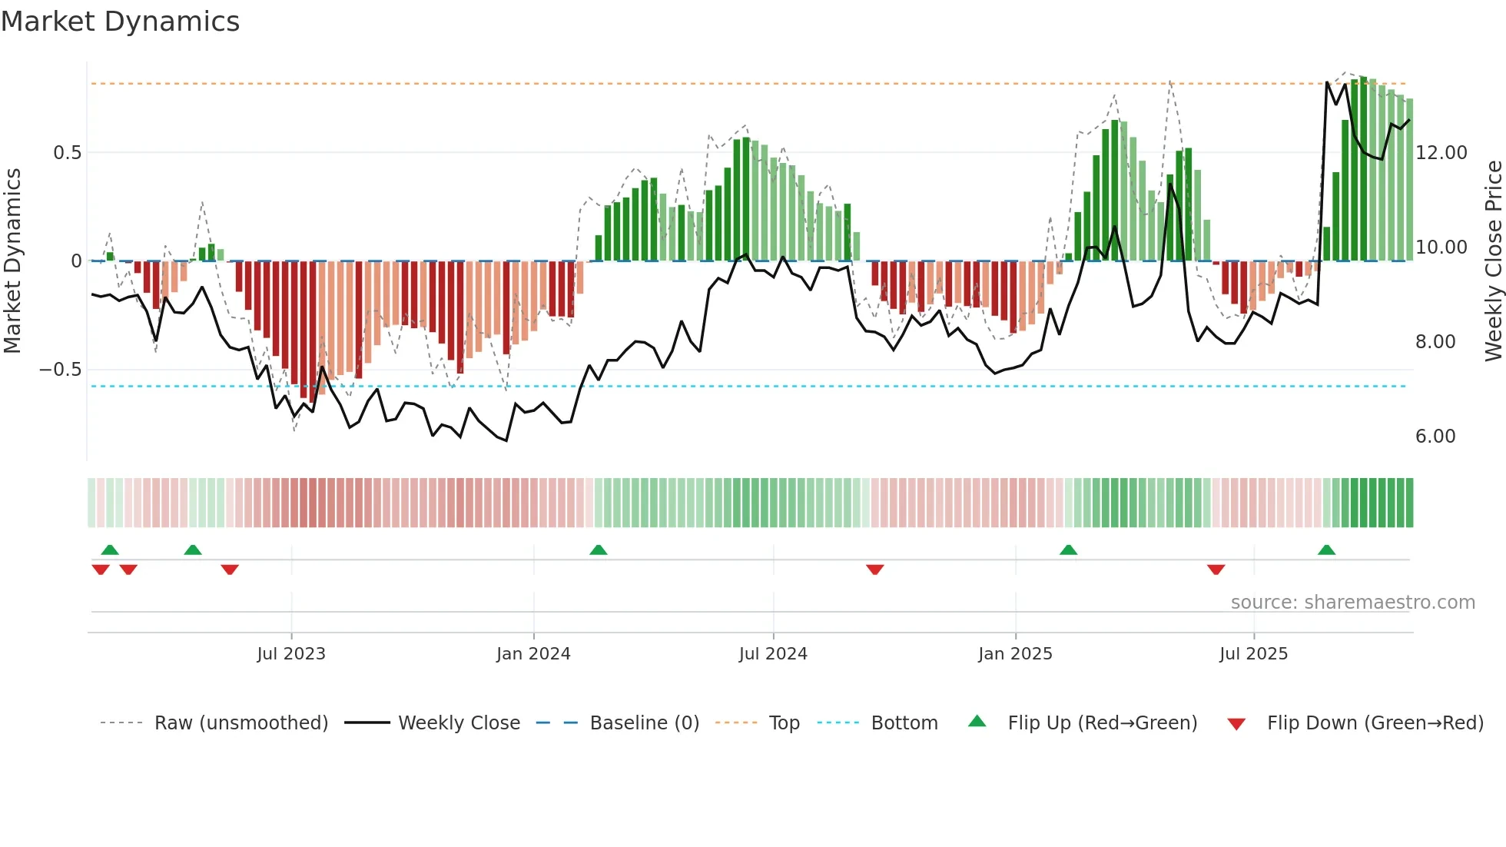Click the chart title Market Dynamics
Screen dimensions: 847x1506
pyautogui.click(x=120, y=22)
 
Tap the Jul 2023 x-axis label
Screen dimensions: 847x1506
pyautogui.click(x=291, y=654)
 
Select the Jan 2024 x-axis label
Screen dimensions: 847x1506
pyautogui.click(x=533, y=654)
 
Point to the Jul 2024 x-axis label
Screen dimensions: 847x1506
pyautogui.click(x=773, y=654)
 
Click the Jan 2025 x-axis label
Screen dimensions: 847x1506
pyautogui.click(x=1015, y=654)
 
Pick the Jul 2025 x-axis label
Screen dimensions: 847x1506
pyautogui.click(x=1253, y=654)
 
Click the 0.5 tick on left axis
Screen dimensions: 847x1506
pyautogui.click(x=67, y=153)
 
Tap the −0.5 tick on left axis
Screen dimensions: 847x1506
pyautogui.click(x=61, y=370)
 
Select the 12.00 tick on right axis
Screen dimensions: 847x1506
pyautogui.click(x=1441, y=153)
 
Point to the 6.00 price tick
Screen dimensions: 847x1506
pyautogui.click(x=1435, y=437)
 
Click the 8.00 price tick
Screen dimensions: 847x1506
pyautogui.click(x=1435, y=342)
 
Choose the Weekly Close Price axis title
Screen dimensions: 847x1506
pyautogui.click(x=1493, y=261)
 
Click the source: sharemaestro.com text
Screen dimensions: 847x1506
pyautogui.click(x=1352, y=603)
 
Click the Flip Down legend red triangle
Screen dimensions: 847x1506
pyautogui.click(x=1236, y=724)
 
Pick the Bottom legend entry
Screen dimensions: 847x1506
pyautogui.click(x=904, y=723)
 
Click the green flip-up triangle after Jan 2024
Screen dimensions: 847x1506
pyautogui.click(x=599, y=550)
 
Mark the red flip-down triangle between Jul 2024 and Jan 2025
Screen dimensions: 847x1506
pyautogui.click(x=874, y=570)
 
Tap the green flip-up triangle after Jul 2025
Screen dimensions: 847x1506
pyautogui.click(x=1326, y=550)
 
